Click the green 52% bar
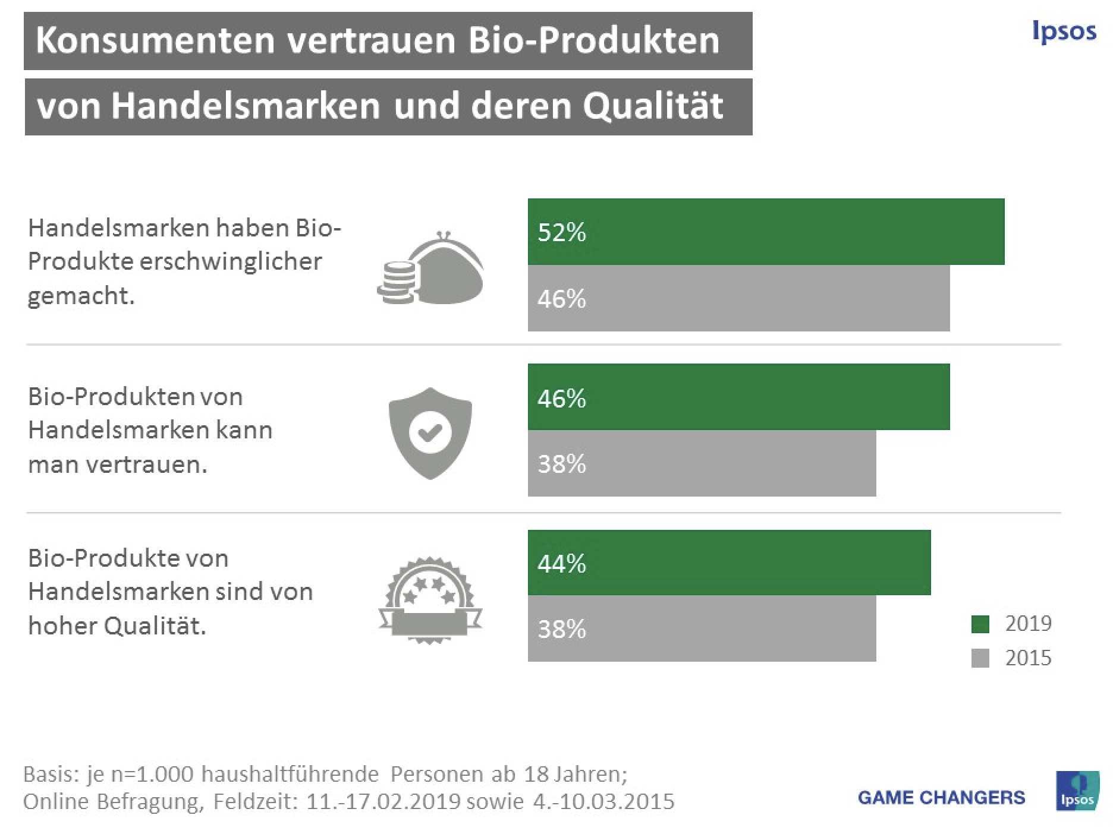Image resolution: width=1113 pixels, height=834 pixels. (766, 232)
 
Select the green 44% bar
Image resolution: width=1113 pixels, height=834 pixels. (729, 563)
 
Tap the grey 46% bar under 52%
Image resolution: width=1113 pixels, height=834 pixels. (738, 298)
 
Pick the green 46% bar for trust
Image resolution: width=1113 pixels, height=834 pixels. (738, 397)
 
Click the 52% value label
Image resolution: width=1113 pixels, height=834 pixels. (561, 232)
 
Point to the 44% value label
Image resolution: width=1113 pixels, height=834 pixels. (561, 563)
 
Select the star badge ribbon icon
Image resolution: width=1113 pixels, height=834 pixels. (430, 600)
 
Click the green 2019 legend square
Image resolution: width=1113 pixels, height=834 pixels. (980, 624)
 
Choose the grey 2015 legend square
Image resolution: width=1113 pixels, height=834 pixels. (980, 658)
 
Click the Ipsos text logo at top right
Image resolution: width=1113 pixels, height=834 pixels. (1064, 31)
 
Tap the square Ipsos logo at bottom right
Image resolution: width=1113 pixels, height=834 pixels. (1077, 791)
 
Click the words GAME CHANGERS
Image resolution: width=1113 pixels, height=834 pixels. (941, 797)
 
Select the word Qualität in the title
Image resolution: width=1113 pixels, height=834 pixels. (652, 106)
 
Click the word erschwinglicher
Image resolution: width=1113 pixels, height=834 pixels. (231, 261)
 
